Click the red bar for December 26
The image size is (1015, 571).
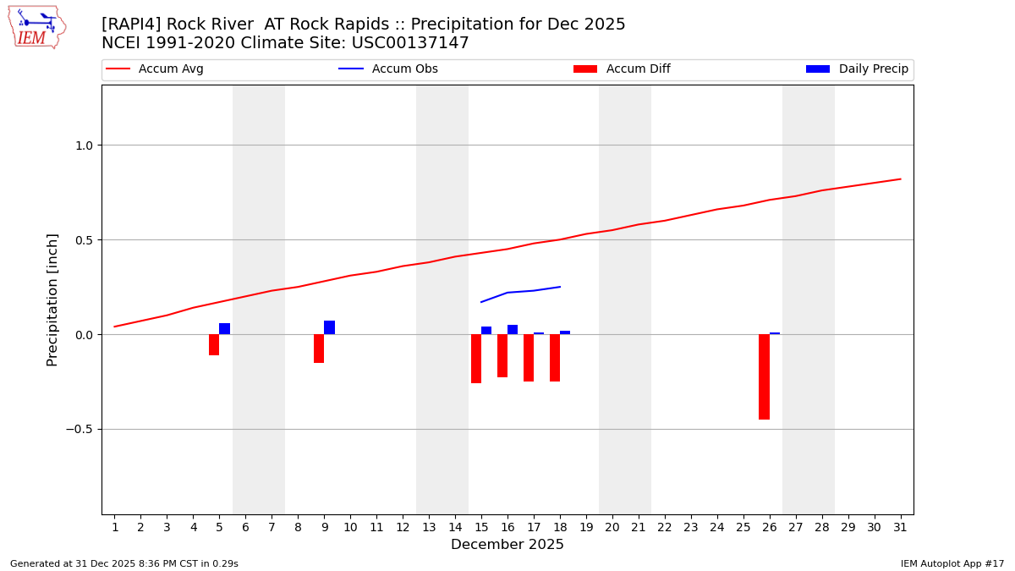point(764,376)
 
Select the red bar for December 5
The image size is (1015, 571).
point(214,344)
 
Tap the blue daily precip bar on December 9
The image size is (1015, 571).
point(329,327)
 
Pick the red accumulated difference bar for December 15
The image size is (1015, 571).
point(476,359)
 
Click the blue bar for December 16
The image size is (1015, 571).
point(513,330)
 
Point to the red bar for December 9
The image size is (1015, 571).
point(319,349)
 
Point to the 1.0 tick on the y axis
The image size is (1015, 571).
point(84,145)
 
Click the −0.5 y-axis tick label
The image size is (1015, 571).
point(80,430)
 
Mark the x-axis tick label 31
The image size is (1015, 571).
point(900,527)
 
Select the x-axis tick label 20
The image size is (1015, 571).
point(612,527)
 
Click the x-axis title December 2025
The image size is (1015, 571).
point(507,545)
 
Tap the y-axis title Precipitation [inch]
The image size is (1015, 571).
point(52,299)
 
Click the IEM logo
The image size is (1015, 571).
point(36,26)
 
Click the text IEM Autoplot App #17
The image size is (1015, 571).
point(952,563)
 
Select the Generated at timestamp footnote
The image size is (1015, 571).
point(124,563)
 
